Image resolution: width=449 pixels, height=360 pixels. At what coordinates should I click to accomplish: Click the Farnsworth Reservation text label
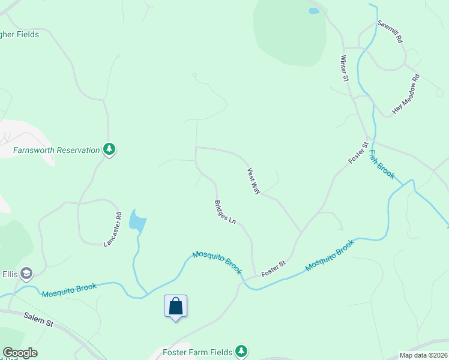click(56, 150)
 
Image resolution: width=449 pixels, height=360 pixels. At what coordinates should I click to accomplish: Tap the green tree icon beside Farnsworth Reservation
click(109, 149)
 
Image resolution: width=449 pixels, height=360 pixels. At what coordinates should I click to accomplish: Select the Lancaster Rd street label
click(112, 229)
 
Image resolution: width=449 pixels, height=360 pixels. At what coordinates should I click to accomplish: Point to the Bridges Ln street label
click(224, 212)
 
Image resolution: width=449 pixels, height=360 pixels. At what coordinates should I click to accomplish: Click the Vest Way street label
click(253, 181)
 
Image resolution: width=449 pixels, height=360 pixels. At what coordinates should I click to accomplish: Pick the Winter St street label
click(345, 68)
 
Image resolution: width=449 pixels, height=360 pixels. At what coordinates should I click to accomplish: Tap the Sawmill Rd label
click(390, 31)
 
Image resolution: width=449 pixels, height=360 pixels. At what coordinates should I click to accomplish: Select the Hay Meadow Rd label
click(406, 94)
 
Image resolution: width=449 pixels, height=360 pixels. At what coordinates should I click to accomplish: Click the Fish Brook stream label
click(382, 164)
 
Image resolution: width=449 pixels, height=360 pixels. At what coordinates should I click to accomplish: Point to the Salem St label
click(38, 319)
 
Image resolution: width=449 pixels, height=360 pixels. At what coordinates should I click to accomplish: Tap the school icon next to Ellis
click(26, 274)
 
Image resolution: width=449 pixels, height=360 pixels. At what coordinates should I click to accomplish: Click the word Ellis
click(9, 274)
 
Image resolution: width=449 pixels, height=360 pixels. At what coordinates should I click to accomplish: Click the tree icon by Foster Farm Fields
click(241, 350)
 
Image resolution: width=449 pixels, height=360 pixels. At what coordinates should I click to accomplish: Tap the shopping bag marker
click(175, 307)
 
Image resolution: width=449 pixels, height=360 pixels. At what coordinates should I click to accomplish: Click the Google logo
click(20, 353)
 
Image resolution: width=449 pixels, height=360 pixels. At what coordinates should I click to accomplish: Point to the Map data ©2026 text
click(423, 355)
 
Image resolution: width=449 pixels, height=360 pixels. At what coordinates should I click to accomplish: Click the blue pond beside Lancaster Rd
click(137, 221)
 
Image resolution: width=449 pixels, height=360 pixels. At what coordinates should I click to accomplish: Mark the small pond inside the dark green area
click(313, 11)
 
